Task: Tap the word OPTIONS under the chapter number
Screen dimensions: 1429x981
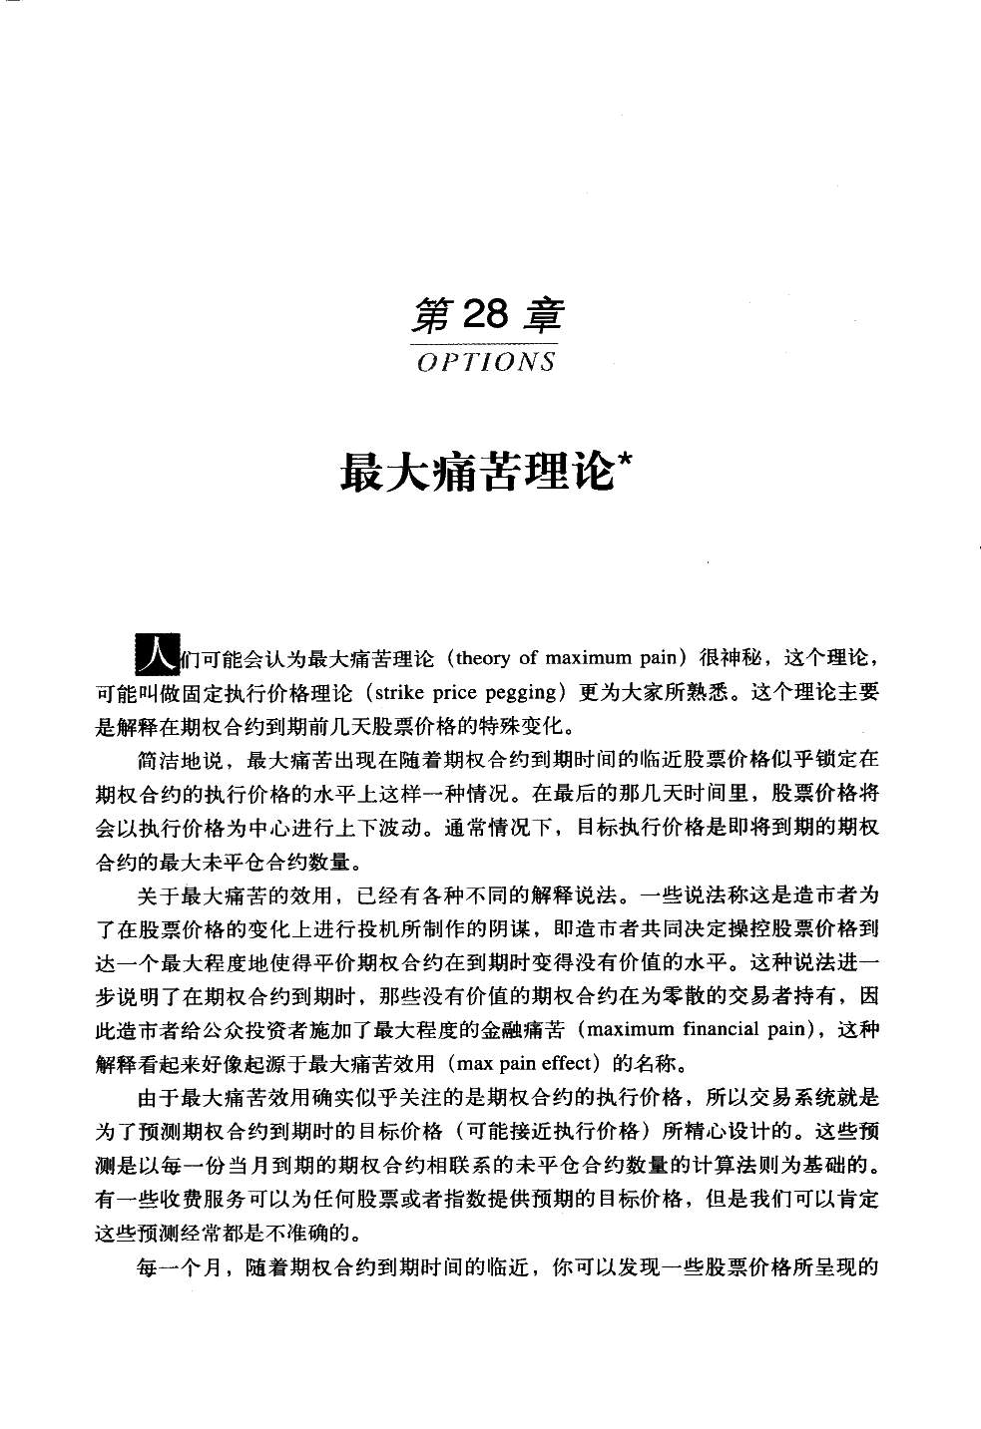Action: click(486, 362)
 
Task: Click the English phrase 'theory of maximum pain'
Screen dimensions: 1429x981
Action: click(570, 658)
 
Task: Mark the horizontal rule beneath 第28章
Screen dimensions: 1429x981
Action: click(486, 342)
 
